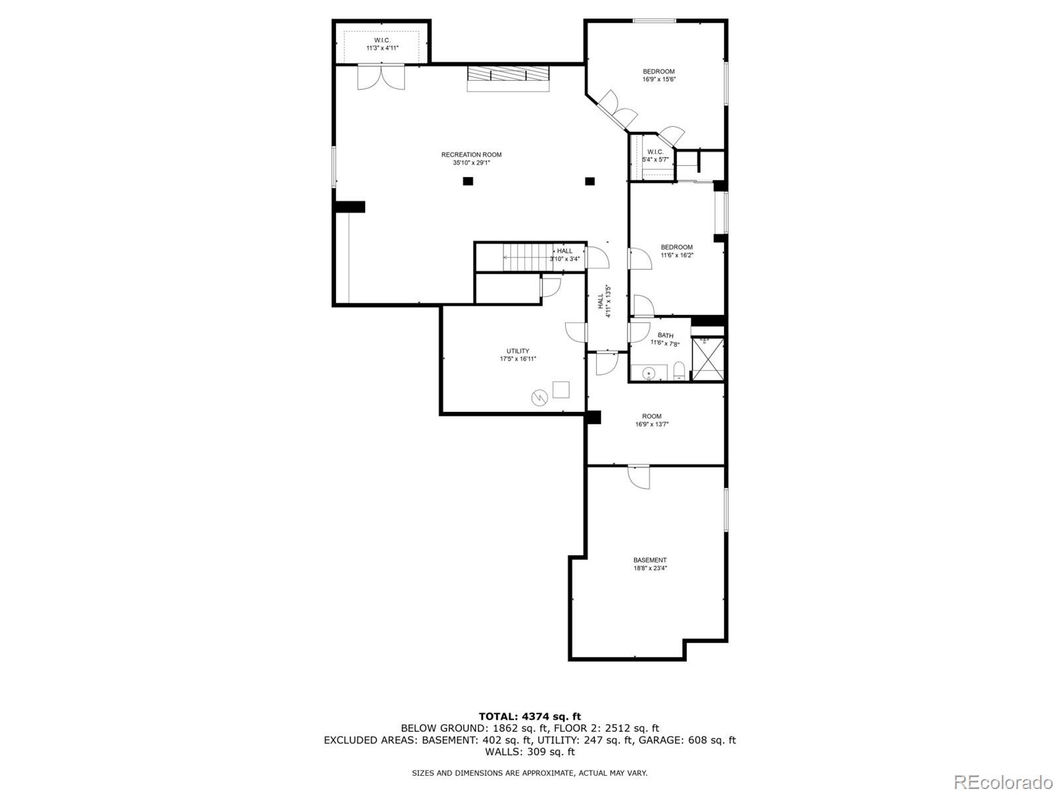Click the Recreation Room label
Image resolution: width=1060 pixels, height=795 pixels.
471,155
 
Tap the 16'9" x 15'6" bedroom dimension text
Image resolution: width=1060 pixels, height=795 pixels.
659,80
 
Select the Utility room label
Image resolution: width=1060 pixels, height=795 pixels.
517,351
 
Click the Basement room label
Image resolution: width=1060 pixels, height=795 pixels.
649,560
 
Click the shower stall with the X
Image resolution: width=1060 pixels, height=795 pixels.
708,359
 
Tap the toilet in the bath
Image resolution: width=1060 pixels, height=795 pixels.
678,371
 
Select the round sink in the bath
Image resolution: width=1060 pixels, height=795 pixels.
649,373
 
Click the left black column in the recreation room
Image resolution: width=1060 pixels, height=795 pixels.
468,181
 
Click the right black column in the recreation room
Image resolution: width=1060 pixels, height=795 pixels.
590,181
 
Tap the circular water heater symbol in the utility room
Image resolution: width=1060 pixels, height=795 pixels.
539,398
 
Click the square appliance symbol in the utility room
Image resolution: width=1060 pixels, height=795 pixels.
560,389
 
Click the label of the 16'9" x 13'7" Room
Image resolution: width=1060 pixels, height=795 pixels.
651,416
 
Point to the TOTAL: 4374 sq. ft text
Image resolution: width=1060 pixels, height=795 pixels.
529,716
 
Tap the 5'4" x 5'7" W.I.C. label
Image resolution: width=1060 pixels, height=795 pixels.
655,152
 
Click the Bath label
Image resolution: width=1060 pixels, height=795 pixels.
665,336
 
